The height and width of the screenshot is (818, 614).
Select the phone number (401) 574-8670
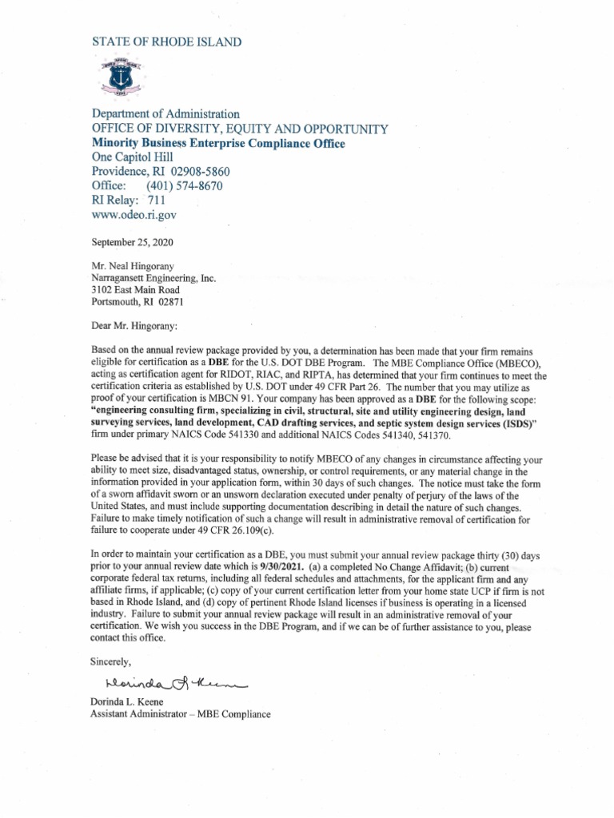pos(184,186)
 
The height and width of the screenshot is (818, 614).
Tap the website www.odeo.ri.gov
pos(134,215)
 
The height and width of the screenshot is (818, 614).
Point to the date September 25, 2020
pos(132,242)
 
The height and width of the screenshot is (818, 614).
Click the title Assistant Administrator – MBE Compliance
pos(181,713)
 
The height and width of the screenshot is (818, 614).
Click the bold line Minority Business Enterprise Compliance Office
pos(218,143)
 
